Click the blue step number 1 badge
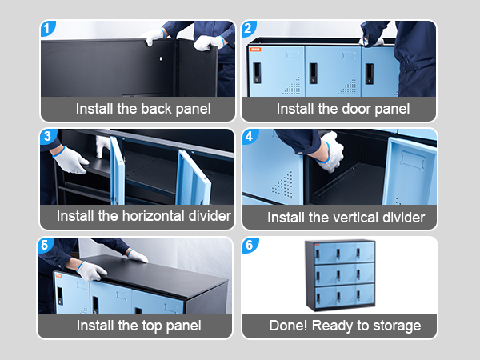(47, 29)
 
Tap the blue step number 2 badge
(248, 29)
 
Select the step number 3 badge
(48, 136)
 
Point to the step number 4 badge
(250, 136)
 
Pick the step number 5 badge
(46, 245)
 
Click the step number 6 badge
(250, 246)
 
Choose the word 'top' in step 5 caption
(152, 326)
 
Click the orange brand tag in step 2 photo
(255, 50)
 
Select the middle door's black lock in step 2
(313, 74)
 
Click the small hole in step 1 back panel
(161, 58)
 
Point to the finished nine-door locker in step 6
(340, 275)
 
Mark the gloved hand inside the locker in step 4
(330, 152)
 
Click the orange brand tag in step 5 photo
(58, 276)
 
